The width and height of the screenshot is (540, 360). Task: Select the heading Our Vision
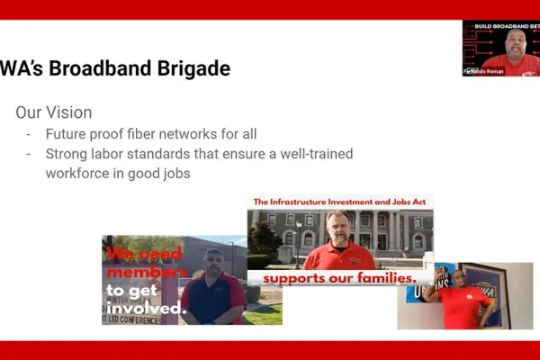(54, 113)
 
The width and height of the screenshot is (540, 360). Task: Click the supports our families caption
(339, 277)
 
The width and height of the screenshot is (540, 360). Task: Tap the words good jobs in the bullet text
(161, 173)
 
